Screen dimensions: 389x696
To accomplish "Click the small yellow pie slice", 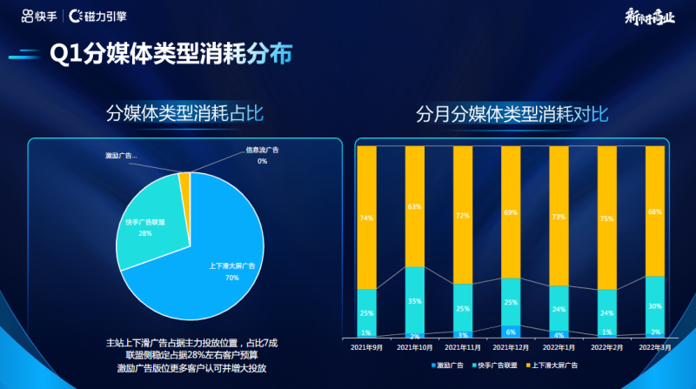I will (x=184, y=179).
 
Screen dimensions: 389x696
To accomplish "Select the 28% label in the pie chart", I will (x=145, y=233).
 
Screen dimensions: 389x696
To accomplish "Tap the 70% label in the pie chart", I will (x=231, y=278).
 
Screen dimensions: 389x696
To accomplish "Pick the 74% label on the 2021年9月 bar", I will (x=367, y=218).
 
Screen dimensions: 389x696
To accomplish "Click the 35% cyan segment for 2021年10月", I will (x=415, y=300).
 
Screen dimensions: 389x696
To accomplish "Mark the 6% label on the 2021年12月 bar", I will (x=511, y=332).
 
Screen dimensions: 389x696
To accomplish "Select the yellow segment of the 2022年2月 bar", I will (x=606, y=218).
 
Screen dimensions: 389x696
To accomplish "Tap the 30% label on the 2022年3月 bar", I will (x=654, y=306).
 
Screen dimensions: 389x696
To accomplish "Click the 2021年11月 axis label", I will (x=463, y=347).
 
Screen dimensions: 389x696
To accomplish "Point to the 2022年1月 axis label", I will (x=559, y=347).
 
